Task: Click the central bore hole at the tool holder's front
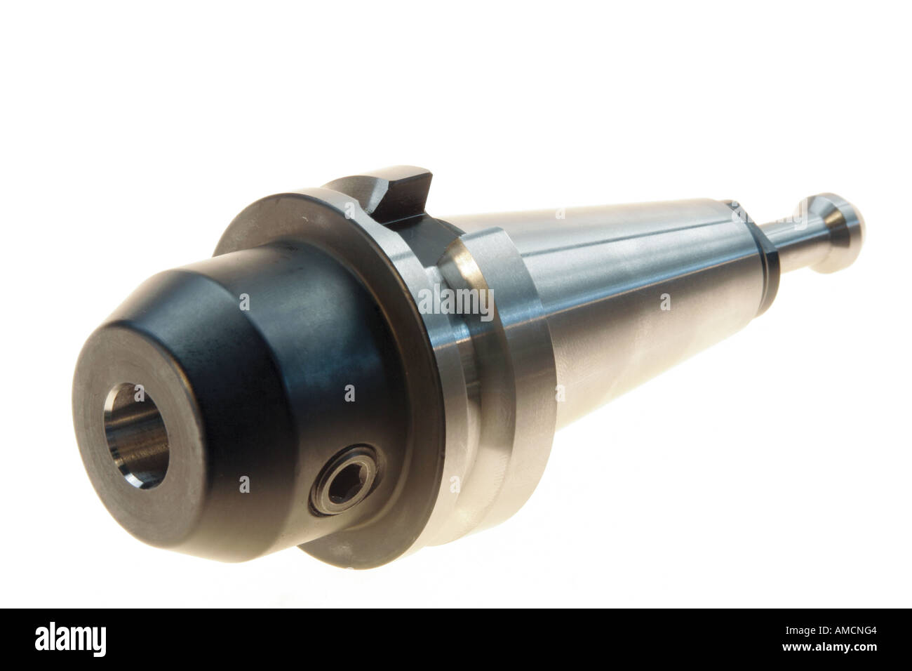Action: tap(136, 435)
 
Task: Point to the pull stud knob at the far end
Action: tap(841, 232)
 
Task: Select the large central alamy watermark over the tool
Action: tap(456, 303)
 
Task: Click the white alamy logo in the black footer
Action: tap(70, 639)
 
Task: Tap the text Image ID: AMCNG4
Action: tap(831, 631)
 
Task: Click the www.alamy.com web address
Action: tap(829, 647)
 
